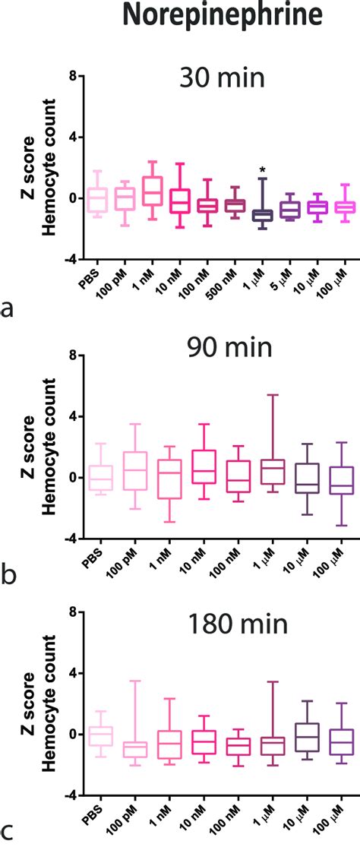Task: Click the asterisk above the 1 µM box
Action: click(x=262, y=169)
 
